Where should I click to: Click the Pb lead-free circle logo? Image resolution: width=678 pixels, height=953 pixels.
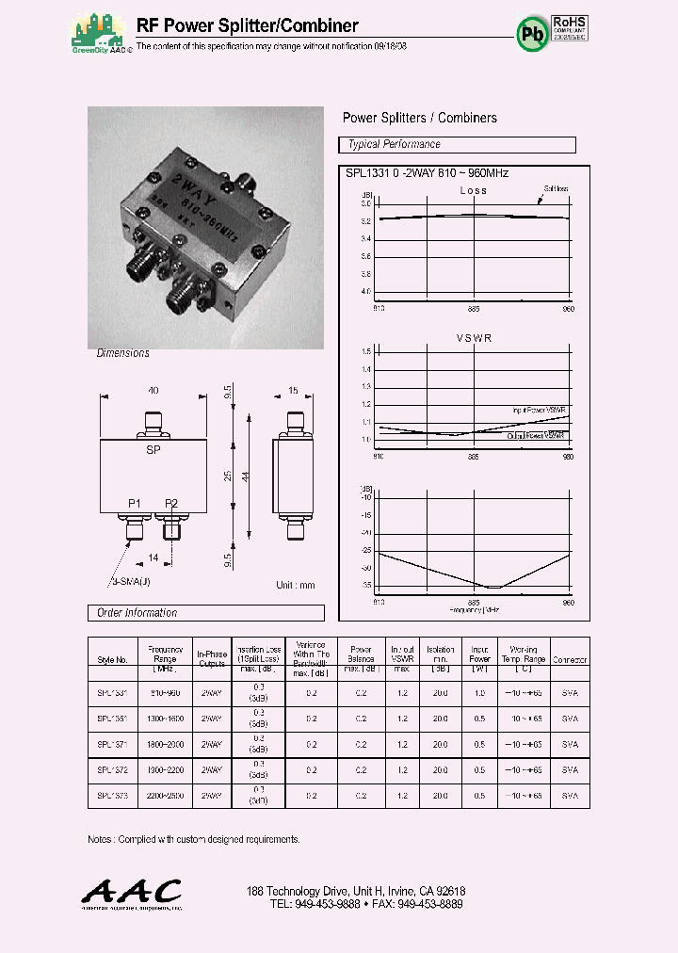(532, 34)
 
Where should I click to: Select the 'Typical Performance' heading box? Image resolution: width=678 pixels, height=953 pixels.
(457, 145)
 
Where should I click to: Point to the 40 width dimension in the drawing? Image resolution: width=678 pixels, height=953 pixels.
(153, 391)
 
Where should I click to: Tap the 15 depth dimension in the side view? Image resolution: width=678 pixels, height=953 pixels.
(293, 391)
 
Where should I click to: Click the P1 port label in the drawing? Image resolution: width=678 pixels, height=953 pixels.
(135, 504)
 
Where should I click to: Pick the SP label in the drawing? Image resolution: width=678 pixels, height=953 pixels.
(153, 451)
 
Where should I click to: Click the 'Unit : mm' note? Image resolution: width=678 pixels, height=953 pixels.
(296, 585)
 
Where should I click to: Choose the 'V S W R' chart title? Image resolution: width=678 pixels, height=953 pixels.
(474, 338)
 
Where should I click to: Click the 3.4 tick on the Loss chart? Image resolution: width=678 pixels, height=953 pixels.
(366, 238)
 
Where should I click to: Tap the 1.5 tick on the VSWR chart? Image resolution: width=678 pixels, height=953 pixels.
(366, 352)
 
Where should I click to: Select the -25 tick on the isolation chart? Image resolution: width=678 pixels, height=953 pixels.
(365, 550)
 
